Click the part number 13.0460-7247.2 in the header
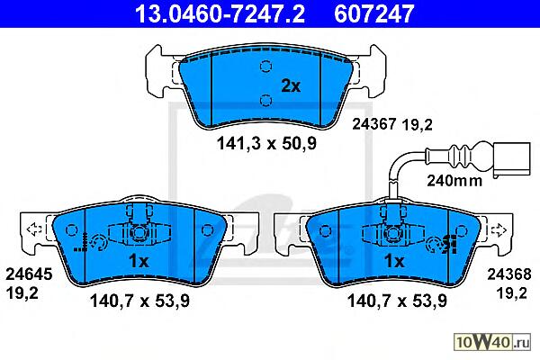220,13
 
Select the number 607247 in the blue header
373,13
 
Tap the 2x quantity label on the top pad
291,85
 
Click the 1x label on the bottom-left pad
139,261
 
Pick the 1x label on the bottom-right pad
394,261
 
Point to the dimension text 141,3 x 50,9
266,143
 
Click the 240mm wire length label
454,180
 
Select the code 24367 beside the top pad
374,124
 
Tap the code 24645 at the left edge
29,274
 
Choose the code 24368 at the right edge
509,274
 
